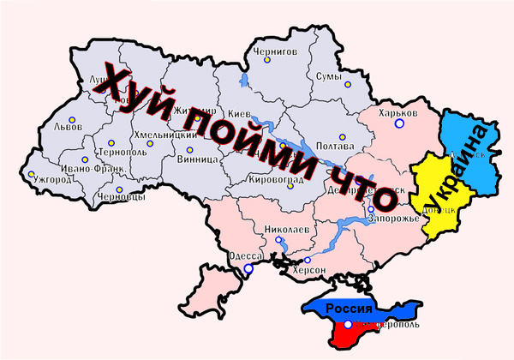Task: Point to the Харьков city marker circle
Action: (x=398, y=124)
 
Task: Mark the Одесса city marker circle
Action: (x=248, y=269)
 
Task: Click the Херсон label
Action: (x=310, y=270)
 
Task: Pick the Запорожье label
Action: (x=394, y=219)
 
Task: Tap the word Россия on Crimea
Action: (x=353, y=309)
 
